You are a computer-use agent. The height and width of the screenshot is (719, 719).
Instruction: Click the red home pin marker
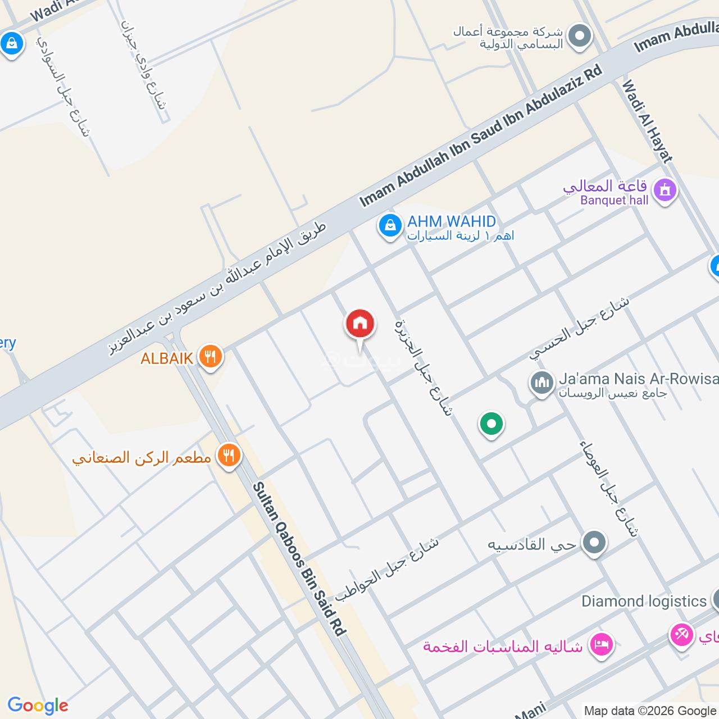click(x=360, y=325)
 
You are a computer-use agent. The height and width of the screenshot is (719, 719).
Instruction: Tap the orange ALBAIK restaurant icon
click(x=210, y=357)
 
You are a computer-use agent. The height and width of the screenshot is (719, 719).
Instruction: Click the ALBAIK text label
click(x=167, y=358)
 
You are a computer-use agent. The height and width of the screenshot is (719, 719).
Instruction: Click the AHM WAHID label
click(x=452, y=221)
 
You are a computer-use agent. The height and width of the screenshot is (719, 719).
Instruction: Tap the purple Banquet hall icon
click(x=665, y=190)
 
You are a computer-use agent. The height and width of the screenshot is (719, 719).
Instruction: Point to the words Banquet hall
click(x=615, y=201)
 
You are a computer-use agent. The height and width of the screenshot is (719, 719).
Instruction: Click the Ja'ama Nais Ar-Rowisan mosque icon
click(x=542, y=384)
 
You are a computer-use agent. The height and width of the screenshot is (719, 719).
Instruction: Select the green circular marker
click(x=492, y=424)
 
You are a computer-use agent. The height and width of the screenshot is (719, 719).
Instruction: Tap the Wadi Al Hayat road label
click(x=647, y=121)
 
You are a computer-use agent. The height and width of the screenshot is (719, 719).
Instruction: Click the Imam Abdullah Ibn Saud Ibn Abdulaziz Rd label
click(x=480, y=135)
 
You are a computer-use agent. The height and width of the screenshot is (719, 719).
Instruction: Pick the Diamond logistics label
click(x=644, y=601)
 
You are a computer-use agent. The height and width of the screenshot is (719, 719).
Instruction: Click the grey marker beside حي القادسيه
click(x=594, y=544)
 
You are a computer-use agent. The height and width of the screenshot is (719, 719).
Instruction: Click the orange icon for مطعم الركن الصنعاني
click(x=228, y=456)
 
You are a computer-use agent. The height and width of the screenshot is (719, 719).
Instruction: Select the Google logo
click(x=38, y=706)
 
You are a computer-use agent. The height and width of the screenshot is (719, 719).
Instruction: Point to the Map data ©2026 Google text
click(x=649, y=711)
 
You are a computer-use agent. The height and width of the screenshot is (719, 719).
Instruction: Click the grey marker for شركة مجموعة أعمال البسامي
click(x=580, y=37)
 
